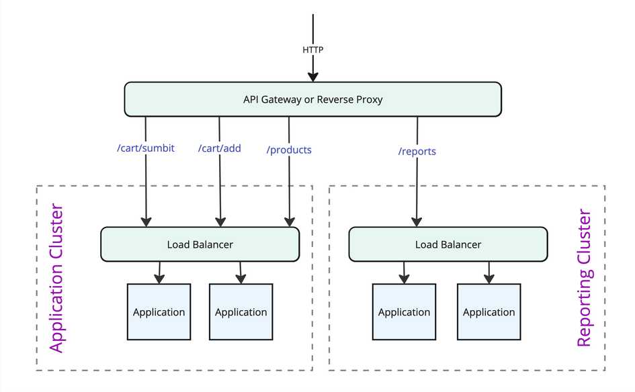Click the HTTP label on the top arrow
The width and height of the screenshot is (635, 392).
pos(312,50)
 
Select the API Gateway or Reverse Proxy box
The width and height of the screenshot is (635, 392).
pos(312,99)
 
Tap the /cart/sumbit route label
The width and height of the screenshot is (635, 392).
pos(145,148)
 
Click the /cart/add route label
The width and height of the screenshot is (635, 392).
pos(219,148)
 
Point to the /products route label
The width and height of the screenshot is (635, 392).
pos(290,150)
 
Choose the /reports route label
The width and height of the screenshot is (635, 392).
pos(417,152)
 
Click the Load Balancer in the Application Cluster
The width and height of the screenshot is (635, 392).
pos(200,244)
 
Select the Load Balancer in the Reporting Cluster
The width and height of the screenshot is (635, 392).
pos(448,244)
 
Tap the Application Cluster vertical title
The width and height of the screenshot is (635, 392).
pos(57,279)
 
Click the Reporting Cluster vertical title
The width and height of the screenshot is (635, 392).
pos(585,279)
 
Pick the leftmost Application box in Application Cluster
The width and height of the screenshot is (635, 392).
pos(159,312)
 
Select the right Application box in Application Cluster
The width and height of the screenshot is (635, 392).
pos(241,312)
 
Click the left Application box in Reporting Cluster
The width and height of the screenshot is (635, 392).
pos(404,312)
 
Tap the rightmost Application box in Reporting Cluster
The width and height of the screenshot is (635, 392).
pos(489,312)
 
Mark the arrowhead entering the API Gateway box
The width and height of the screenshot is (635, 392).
pos(312,77)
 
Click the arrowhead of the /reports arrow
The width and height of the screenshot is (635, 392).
pos(417,222)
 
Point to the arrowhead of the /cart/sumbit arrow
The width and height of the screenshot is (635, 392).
pos(145,222)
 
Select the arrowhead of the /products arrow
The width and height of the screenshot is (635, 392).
pos(290,222)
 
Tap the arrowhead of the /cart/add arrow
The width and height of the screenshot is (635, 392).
pos(219,222)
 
